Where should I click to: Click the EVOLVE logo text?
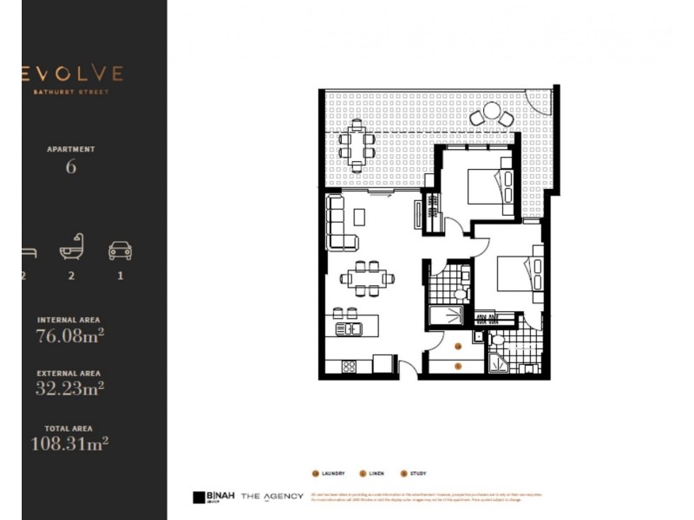pyautogui.click(x=73, y=74)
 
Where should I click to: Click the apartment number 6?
pyautogui.click(x=71, y=166)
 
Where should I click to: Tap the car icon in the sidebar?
pyautogui.click(x=120, y=250)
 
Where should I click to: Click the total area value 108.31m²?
pyautogui.click(x=69, y=444)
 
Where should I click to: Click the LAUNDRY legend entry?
pyautogui.click(x=329, y=473)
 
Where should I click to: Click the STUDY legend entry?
pyautogui.click(x=414, y=473)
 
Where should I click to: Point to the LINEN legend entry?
pyautogui.click(x=374, y=473)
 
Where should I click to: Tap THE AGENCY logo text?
pyautogui.click(x=272, y=496)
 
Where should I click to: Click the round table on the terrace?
pyautogui.click(x=491, y=113)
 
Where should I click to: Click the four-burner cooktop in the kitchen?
pyautogui.click(x=349, y=367)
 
